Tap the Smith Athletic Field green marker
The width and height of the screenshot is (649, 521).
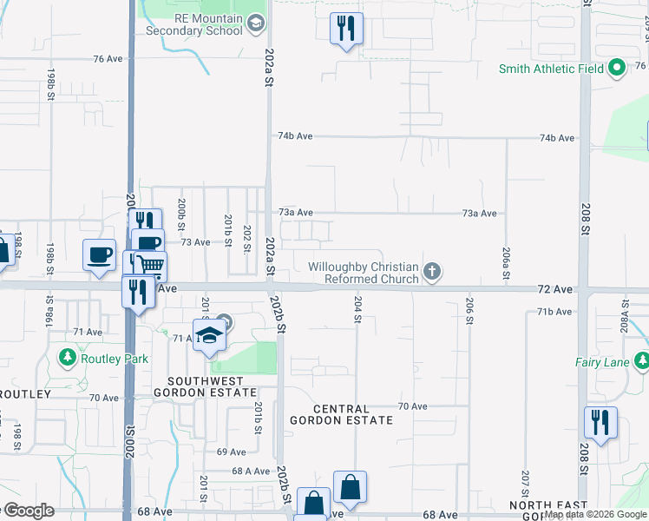click(617, 68)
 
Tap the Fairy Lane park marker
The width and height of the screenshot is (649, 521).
click(641, 360)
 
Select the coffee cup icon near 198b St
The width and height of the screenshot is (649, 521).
click(99, 254)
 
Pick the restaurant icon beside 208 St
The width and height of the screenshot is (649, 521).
click(600, 423)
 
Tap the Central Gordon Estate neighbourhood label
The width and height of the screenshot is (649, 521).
click(353, 414)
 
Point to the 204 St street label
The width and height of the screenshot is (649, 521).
click(357, 310)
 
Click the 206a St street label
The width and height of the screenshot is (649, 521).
click(505, 258)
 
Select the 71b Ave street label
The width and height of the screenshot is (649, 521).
click(555, 311)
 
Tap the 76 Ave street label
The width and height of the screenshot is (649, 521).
click(108, 59)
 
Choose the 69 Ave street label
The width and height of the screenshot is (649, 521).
click(232, 452)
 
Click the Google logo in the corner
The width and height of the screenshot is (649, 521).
click(28, 511)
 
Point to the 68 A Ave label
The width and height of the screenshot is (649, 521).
click(252, 471)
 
